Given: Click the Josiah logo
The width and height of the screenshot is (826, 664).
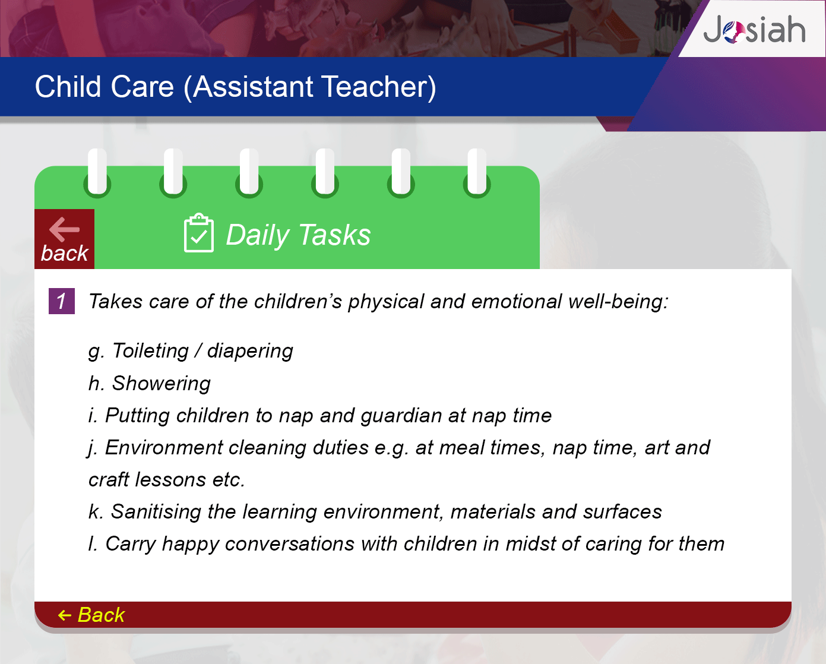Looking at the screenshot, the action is point(754,30).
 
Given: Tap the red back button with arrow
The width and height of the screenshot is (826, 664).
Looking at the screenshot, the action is point(65,239).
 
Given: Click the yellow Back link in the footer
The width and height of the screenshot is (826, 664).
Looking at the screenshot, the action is point(91,615).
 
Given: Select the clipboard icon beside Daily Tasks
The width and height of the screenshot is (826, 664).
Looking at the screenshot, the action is point(199,233).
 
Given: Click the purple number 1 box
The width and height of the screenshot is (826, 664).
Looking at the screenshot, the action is point(61,301).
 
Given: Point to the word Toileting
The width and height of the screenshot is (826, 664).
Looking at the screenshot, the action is point(150,351).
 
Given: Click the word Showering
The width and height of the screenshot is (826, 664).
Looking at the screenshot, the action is point(161,384).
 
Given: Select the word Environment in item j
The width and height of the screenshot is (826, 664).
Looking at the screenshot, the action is point(163,448).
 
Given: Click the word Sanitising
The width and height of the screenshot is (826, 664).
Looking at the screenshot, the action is point(156,512).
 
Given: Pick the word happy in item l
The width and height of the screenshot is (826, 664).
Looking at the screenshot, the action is point(190,545).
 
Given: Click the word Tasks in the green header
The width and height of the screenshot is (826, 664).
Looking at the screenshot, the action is point(334,235).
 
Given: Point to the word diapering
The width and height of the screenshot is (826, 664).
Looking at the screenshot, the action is point(250,352).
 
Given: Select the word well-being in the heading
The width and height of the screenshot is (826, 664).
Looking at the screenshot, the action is point(618,302).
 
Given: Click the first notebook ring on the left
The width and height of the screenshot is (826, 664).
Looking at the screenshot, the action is point(97,173).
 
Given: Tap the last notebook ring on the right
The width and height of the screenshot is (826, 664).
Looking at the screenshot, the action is point(477,173).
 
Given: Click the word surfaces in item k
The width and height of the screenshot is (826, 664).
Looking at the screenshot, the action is point(622,512).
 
